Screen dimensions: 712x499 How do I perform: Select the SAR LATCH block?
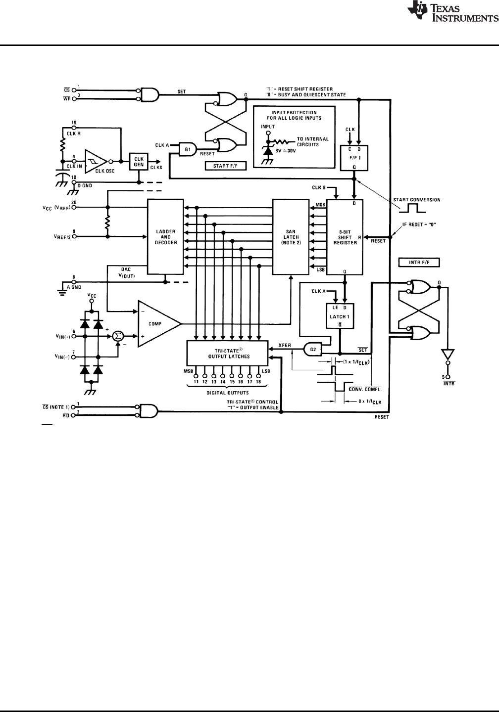click(x=291, y=236)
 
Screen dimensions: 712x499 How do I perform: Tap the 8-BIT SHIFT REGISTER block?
click(x=345, y=236)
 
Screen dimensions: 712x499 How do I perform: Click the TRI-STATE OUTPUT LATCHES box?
click(x=229, y=353)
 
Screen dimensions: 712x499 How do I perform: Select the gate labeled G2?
click(x=313, y=350)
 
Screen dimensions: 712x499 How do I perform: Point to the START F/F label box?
click(x=225, y=166)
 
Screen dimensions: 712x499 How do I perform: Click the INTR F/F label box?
click(x=419, y=262)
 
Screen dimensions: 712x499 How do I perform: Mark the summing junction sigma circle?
click(x=118, y=336)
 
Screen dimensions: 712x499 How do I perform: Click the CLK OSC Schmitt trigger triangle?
click(x=96, y=161)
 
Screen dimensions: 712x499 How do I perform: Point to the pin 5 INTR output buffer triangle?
click(x=448, y=354)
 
